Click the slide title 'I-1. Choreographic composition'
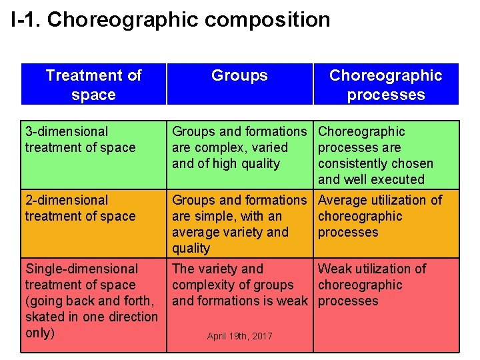(171, 19)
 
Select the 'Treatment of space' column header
(93, 85)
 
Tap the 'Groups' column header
(239, 75)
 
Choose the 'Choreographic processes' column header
(385, 85)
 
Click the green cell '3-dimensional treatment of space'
(93, 154)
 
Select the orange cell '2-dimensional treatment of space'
(93, 223)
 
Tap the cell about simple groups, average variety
(239, 224)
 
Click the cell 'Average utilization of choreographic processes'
(385, 216)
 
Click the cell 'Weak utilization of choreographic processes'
(385, 285)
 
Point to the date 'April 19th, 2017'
(239, 336)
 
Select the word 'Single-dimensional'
(81, 269)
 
